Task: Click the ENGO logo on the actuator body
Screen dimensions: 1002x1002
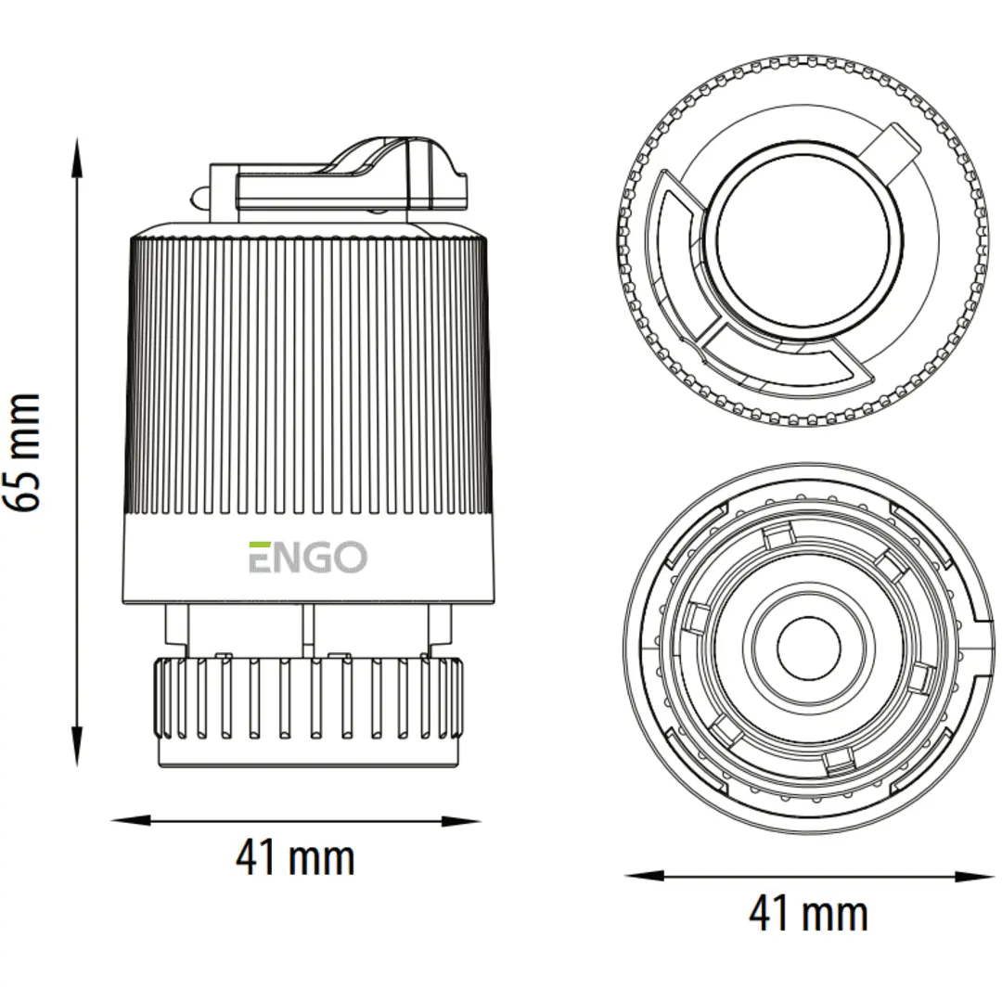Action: coord(307,558)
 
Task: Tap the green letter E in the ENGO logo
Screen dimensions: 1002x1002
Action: coord(259,558)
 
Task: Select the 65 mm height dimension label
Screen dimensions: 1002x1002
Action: coord(22,452)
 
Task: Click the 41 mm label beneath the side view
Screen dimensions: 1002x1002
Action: coord(295,858)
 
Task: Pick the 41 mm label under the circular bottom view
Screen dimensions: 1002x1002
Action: coord(808,914)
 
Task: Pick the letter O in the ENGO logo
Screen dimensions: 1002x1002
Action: coord(350,558)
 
